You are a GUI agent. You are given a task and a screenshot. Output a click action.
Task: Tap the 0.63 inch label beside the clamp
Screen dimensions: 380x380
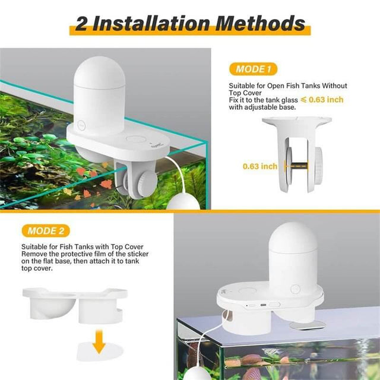pos(259,166)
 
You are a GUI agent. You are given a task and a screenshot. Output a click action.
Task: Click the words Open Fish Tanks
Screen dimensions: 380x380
pos(286,86)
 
